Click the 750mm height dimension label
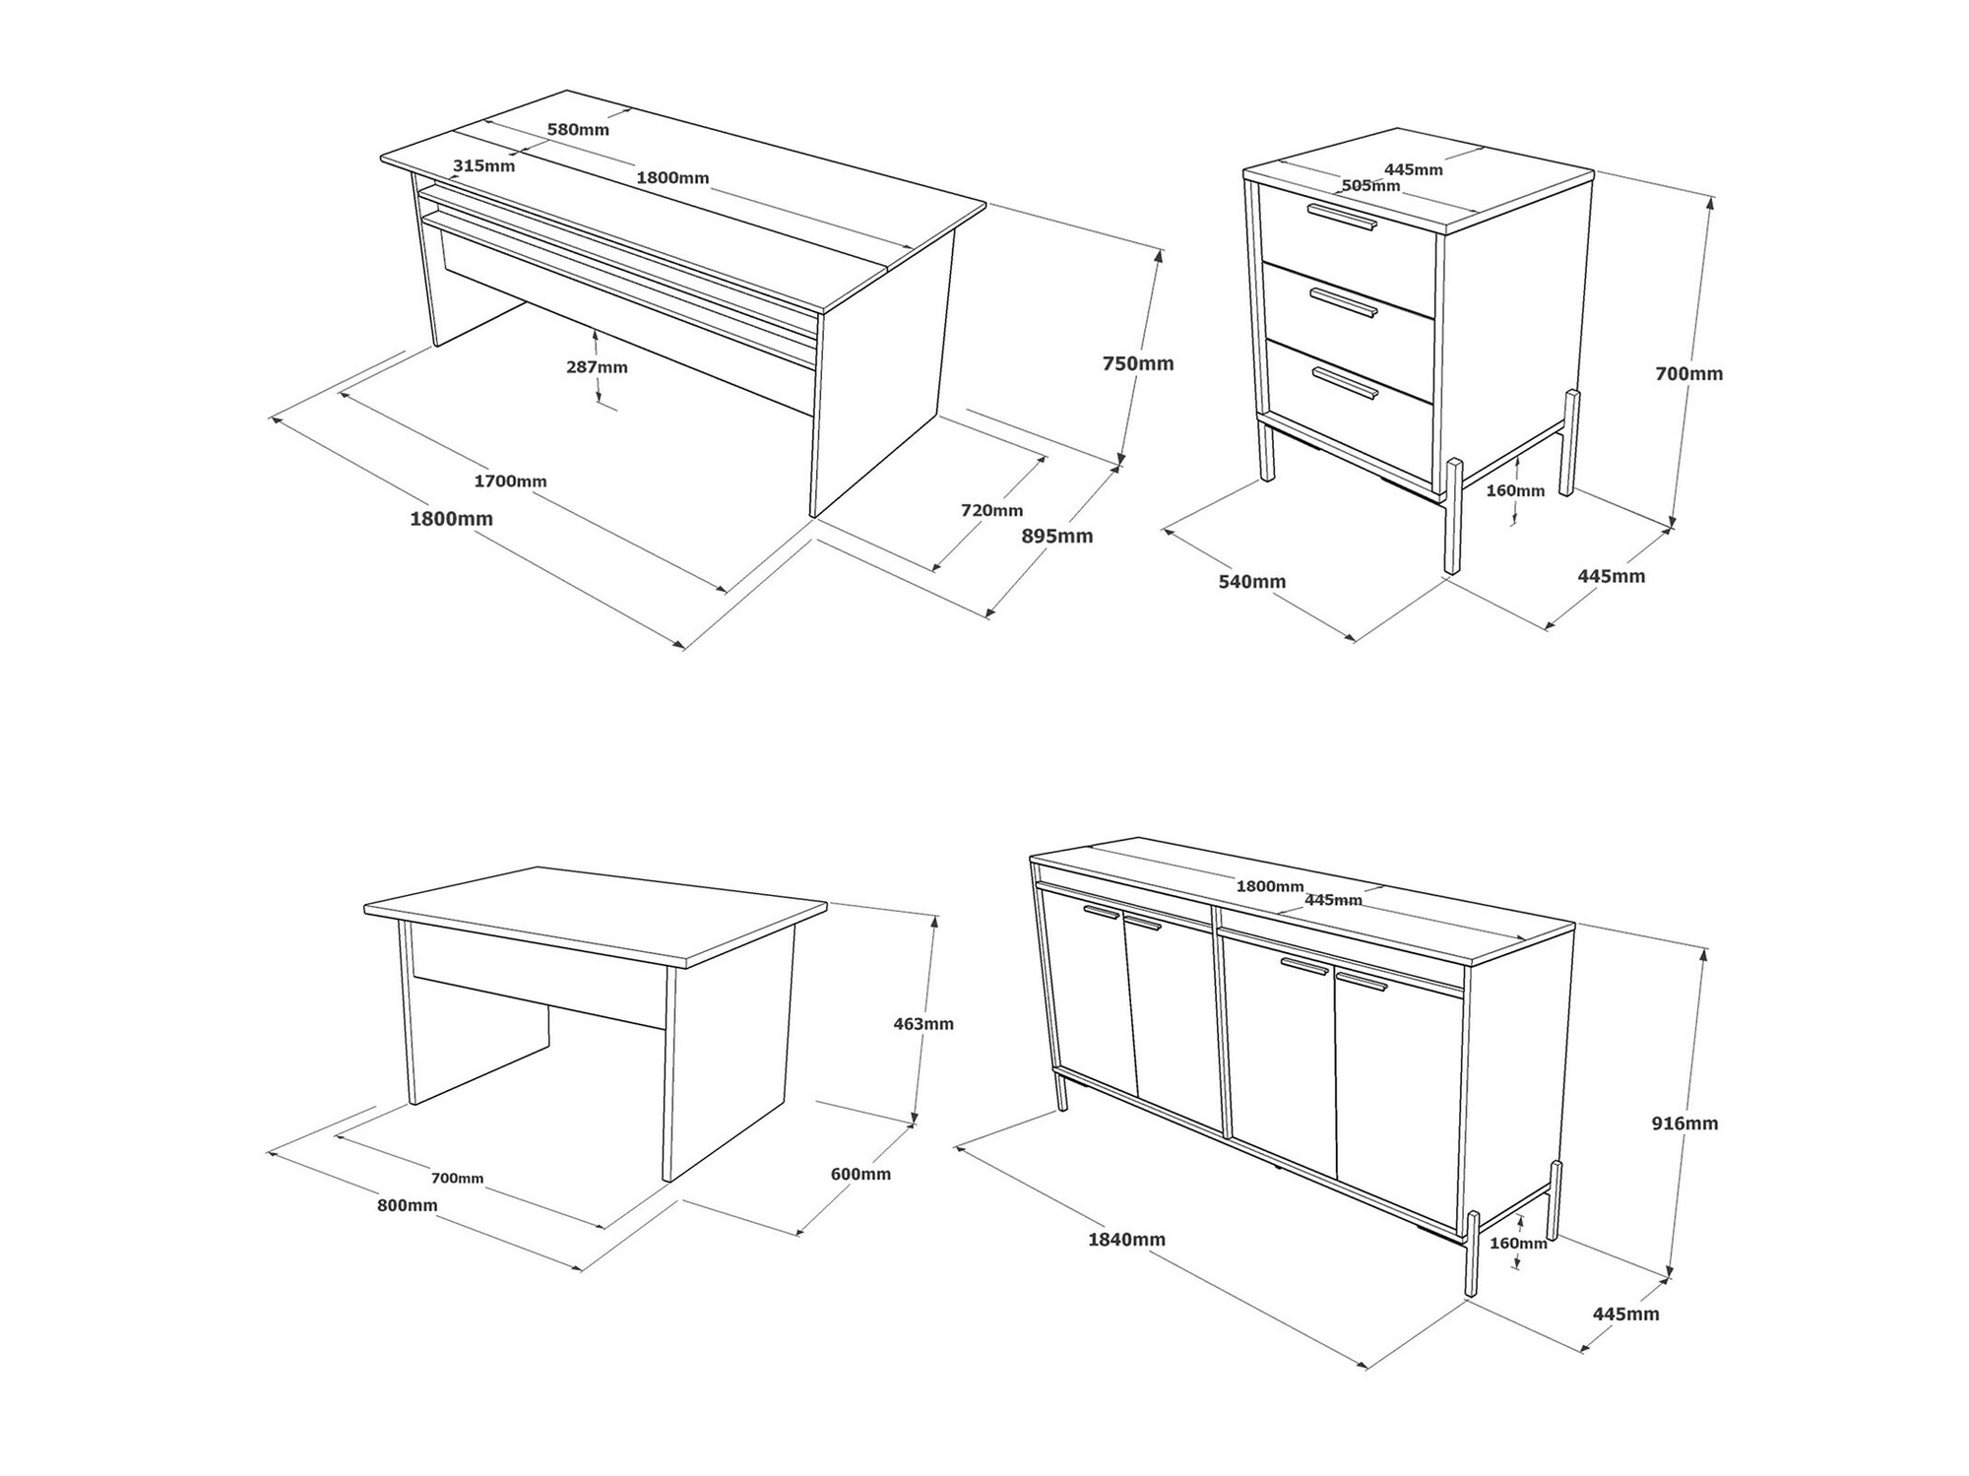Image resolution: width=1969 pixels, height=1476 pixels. (1138, 363)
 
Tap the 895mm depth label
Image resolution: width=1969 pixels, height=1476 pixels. (1057, 536)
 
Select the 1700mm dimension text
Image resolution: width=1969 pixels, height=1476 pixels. (510, 481)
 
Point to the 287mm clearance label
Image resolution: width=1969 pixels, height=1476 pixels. (597, 367)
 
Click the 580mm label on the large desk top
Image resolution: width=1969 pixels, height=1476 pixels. (578, 129)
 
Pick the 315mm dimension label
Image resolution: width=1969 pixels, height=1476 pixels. (483, 165)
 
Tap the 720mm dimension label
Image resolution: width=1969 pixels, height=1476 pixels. (991, 510)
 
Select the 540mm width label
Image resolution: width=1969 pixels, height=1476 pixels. (1252, 582)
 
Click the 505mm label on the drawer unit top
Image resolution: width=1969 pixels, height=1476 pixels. (1370, 185)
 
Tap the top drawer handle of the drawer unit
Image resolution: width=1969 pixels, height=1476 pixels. (1345, 219)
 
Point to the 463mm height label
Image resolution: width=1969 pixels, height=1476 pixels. (923, 1024)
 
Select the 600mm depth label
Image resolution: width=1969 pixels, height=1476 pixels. (860, 1174)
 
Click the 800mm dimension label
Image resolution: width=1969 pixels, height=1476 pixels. (408, 1205)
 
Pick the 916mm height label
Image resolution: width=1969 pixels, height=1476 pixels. (1684, 1123)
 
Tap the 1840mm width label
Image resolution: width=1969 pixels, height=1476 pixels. (1126, 1240)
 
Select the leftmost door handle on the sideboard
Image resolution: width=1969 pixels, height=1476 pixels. (1102, 912)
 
